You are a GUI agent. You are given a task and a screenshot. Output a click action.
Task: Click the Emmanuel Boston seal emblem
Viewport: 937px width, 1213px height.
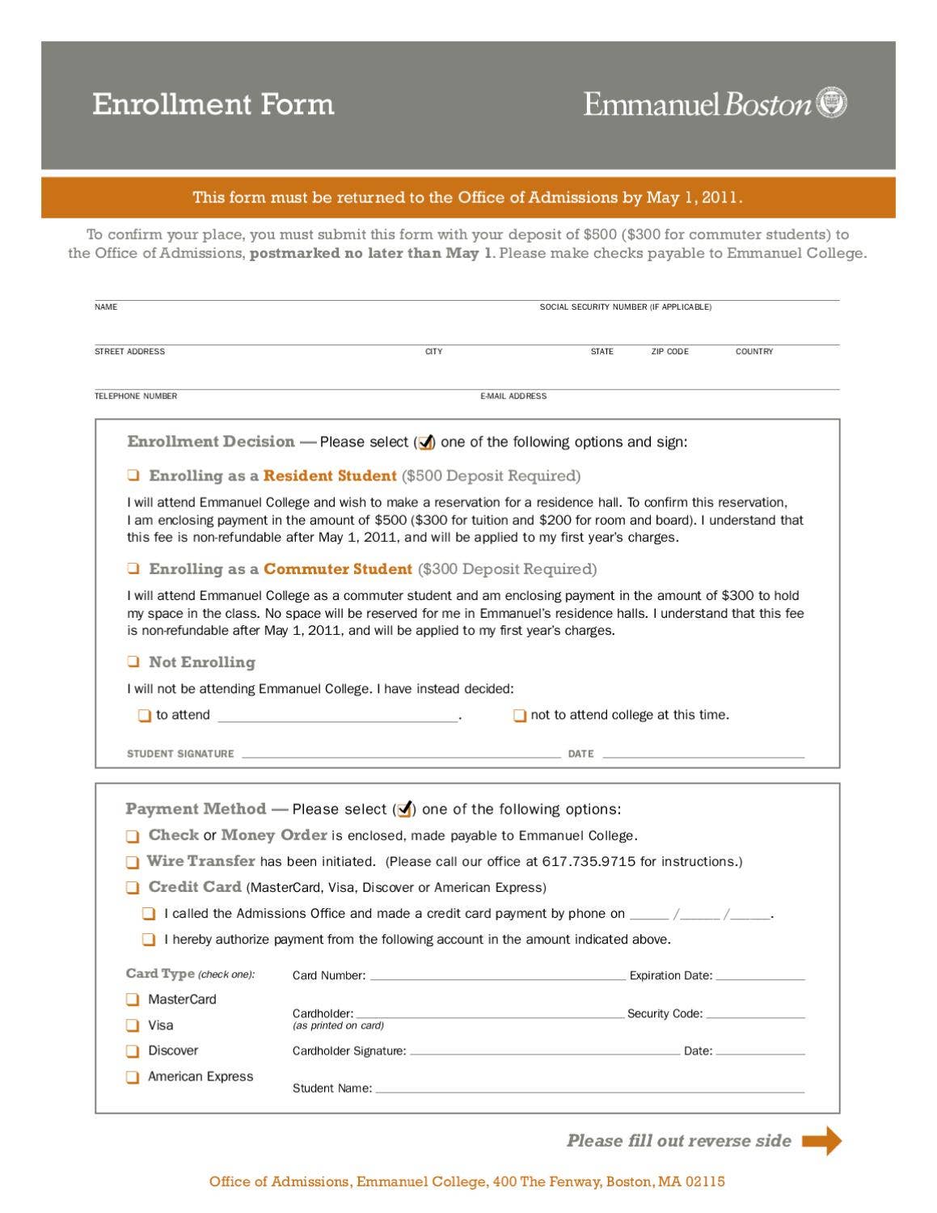[x=832, y=104]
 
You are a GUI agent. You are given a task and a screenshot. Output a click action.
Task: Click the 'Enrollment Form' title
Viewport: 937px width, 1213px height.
[x=213, y=104]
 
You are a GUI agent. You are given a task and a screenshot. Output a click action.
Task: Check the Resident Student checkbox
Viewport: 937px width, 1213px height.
[x=133, y=475]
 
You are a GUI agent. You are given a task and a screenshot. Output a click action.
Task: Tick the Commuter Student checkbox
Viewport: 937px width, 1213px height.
[x=133, y=568]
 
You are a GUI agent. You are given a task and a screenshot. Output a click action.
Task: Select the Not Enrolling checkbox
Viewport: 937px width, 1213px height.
[x=133, y=661]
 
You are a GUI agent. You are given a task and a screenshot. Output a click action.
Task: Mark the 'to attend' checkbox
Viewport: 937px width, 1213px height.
[x=145, y=716]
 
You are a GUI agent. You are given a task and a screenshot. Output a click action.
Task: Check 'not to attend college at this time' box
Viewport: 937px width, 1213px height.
[x=520, y=716]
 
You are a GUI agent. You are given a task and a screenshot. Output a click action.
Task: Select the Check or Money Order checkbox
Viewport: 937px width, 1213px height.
[x=133, y=836]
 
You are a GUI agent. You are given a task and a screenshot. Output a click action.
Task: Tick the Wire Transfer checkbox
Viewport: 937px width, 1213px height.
[x=133, y=862]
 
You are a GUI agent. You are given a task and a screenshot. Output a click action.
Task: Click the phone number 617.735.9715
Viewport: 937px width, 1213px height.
[x=589, y=862]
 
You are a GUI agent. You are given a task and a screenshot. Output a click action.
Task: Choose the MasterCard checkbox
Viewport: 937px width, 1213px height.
[x=133, y=1000]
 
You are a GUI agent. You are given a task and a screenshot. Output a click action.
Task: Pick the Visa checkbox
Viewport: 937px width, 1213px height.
[x=133, y=1025]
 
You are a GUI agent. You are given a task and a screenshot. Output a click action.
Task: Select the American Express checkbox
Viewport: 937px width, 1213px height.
[x=133, y=1077]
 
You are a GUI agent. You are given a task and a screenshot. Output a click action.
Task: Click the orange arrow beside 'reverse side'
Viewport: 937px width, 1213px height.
[x=821, y=1141]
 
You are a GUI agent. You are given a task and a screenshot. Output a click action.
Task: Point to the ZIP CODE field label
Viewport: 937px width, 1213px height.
[x=669, y=352]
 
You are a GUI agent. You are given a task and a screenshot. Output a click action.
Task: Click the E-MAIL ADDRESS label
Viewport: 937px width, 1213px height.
[x=513, y=396]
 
